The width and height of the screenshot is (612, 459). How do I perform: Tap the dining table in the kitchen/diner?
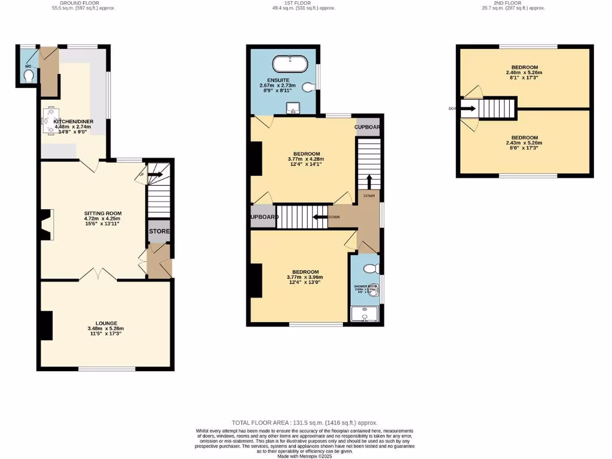(x=49, y=121)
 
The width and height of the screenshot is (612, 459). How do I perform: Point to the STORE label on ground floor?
(x=159, y=231)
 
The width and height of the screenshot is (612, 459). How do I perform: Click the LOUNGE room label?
(x=105, y=323)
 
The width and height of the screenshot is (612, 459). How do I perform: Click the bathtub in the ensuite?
(x=289, y=63)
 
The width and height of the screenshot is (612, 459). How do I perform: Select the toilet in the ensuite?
(x=309, y=88)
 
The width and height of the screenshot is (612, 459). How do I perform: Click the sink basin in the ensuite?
(x=292, y=108)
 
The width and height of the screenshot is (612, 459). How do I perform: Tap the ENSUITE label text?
(x=279, y=79)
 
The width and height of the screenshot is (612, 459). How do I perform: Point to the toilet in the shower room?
(x=370, y=268)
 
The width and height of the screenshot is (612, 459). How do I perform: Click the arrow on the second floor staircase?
(x=469, y=109)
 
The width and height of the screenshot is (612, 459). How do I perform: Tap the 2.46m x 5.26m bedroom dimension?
(x=524, y=73)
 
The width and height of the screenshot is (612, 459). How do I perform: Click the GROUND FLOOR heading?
(x=83, y=3)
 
